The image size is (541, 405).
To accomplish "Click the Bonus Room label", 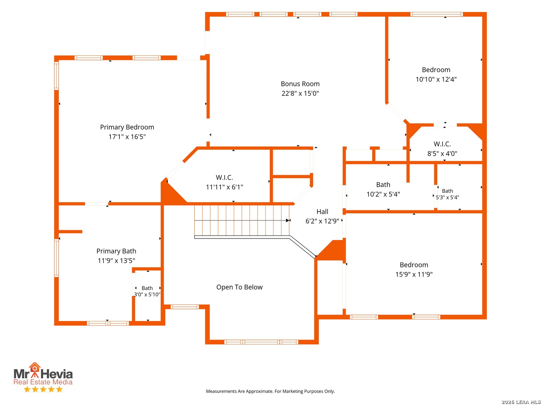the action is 300,84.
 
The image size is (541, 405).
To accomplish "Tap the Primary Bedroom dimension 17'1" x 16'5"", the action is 127,136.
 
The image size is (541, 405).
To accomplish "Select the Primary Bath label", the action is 116,251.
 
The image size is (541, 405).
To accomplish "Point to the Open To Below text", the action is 239,287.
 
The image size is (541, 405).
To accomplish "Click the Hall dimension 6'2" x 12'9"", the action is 322,221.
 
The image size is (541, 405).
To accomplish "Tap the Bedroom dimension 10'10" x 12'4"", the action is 436,79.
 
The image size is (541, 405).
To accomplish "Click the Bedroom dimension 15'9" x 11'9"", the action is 414,274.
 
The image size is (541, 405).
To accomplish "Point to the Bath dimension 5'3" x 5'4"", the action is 447,197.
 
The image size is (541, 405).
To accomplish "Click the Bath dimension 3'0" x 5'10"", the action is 147,294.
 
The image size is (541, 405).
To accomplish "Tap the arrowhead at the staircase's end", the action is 288,220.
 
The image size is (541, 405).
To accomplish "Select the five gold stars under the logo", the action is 43,389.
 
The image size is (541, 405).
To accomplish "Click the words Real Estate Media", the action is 43,382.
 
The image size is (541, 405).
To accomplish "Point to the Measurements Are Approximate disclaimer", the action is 270,391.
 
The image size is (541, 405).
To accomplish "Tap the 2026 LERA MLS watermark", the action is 521,402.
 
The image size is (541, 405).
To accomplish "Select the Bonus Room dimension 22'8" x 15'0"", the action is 300,93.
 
